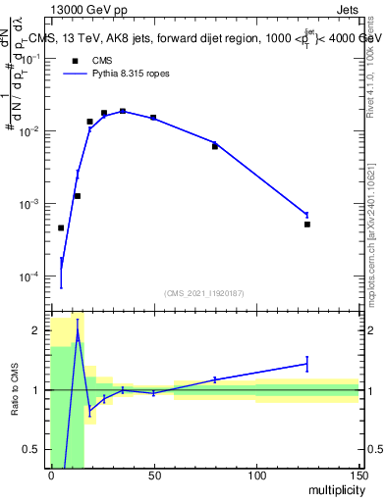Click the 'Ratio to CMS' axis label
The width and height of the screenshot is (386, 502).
pyautogui.click(x=14, y=389)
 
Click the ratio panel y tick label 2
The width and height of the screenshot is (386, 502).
pyautogui.click(x=35, y=330)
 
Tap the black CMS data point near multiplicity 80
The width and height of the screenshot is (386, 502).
pyautogui.click(x=214, y=146)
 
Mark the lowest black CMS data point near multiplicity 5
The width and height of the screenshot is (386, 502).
pyautogui.click(x=61, y=227)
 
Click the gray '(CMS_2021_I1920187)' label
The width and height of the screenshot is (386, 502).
pyautogui.click(x=204, y=293)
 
